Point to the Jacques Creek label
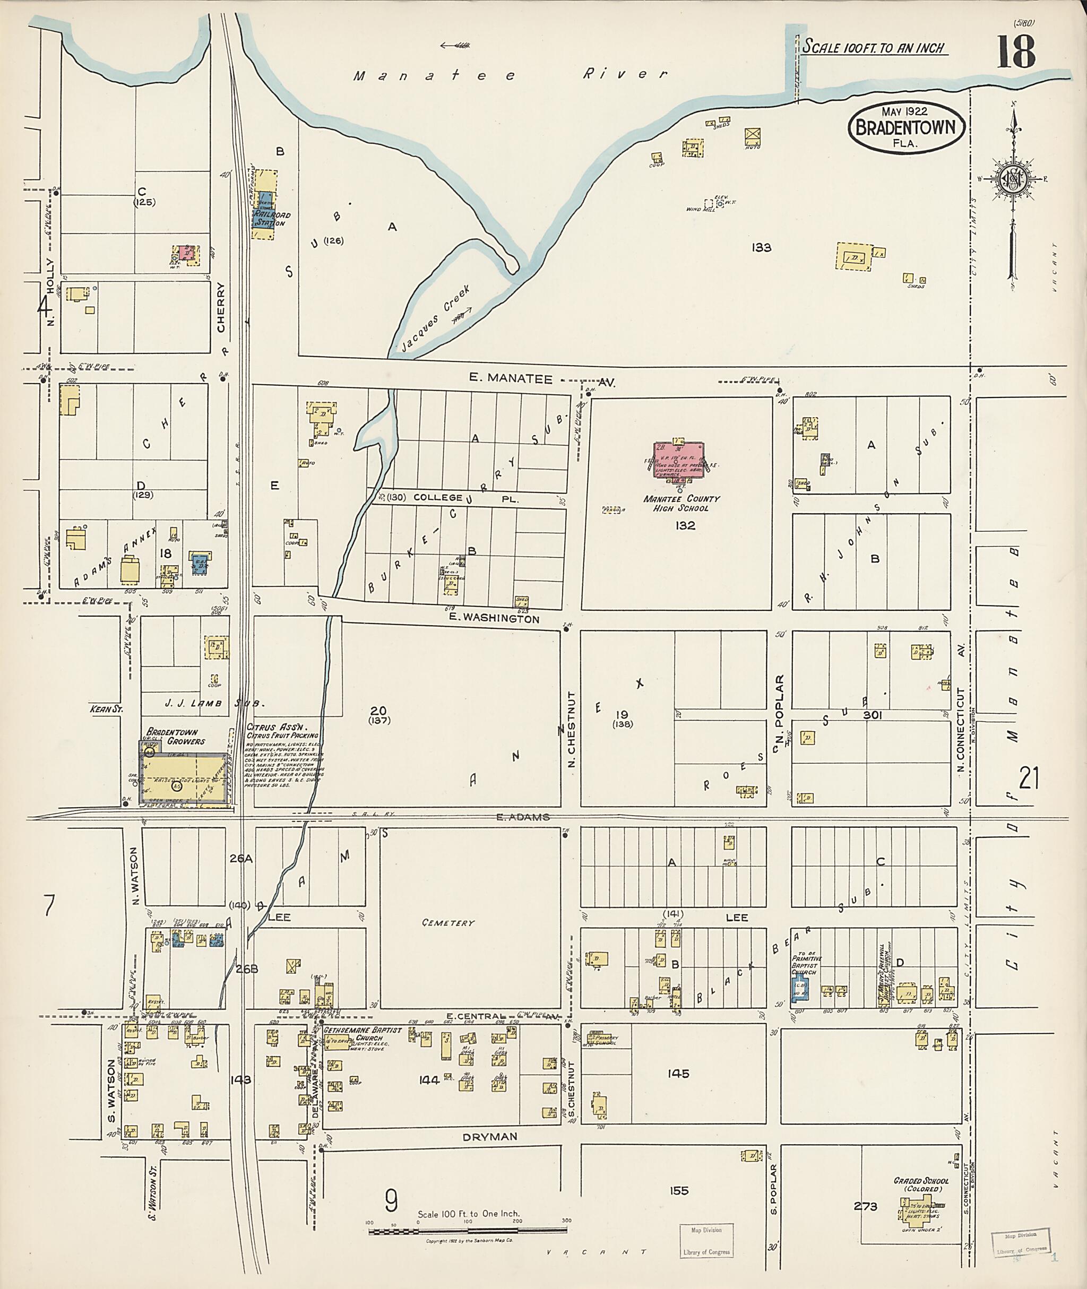435,318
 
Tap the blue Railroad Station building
263,213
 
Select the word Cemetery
448,922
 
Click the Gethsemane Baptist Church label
363,1034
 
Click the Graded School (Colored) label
921,1184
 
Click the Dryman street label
490,1136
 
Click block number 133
761,248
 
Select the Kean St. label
107,709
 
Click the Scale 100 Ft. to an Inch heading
873,47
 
